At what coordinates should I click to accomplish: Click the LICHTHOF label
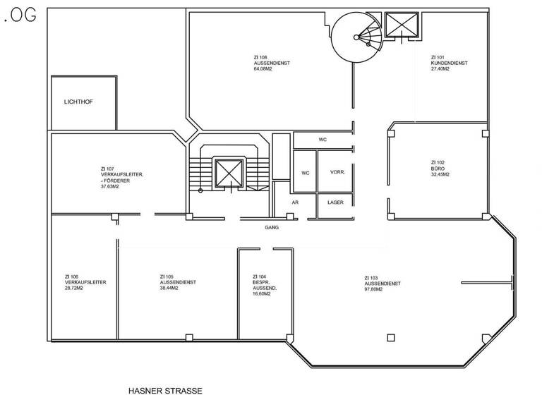(78, 102)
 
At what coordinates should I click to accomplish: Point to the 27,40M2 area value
(442, 68)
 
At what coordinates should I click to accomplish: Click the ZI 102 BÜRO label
(438, 166)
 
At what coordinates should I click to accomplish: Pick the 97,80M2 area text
(373, 289)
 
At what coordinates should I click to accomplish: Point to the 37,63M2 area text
(112, 187)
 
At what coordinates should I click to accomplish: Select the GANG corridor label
(272, 228)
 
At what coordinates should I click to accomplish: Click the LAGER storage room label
(335, 202)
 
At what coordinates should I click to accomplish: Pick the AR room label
(296, 202)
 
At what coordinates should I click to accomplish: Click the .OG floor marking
(19, 18)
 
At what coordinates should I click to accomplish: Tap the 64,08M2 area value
(263, 68)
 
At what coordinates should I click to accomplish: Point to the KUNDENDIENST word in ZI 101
(449, 63)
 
